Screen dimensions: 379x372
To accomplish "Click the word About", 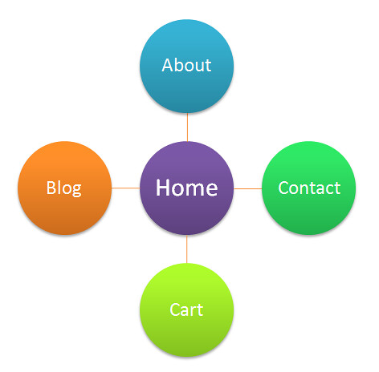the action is coord(186,65).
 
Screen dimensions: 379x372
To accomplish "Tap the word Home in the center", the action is coord(186,188).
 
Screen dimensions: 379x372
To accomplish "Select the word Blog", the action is coord(63,188).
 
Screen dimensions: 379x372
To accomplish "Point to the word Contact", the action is coord(309,188).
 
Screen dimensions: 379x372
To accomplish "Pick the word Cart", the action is coord(186,310).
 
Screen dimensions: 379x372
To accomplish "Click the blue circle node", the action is coord(187,66).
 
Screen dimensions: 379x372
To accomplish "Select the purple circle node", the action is coord(187,188).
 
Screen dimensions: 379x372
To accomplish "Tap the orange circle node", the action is coord(64,188).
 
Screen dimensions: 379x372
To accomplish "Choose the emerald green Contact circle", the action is coord(309,188).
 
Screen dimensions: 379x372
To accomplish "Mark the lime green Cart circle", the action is coord(187,310).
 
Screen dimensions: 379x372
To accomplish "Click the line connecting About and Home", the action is coord(187,127).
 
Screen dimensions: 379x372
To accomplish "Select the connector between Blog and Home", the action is coord(126,188).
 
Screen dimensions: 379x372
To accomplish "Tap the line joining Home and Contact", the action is coord(248,188).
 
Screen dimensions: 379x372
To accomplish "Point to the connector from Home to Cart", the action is coord(187,249).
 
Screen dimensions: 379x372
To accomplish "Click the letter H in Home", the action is coord(162,188).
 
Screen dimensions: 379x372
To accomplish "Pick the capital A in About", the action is coord(168,65).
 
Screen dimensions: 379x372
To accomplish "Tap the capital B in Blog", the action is coord(51,188).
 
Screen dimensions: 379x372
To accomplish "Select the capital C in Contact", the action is coord(283,188).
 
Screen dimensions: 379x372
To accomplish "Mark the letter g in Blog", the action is coord(76,191).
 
